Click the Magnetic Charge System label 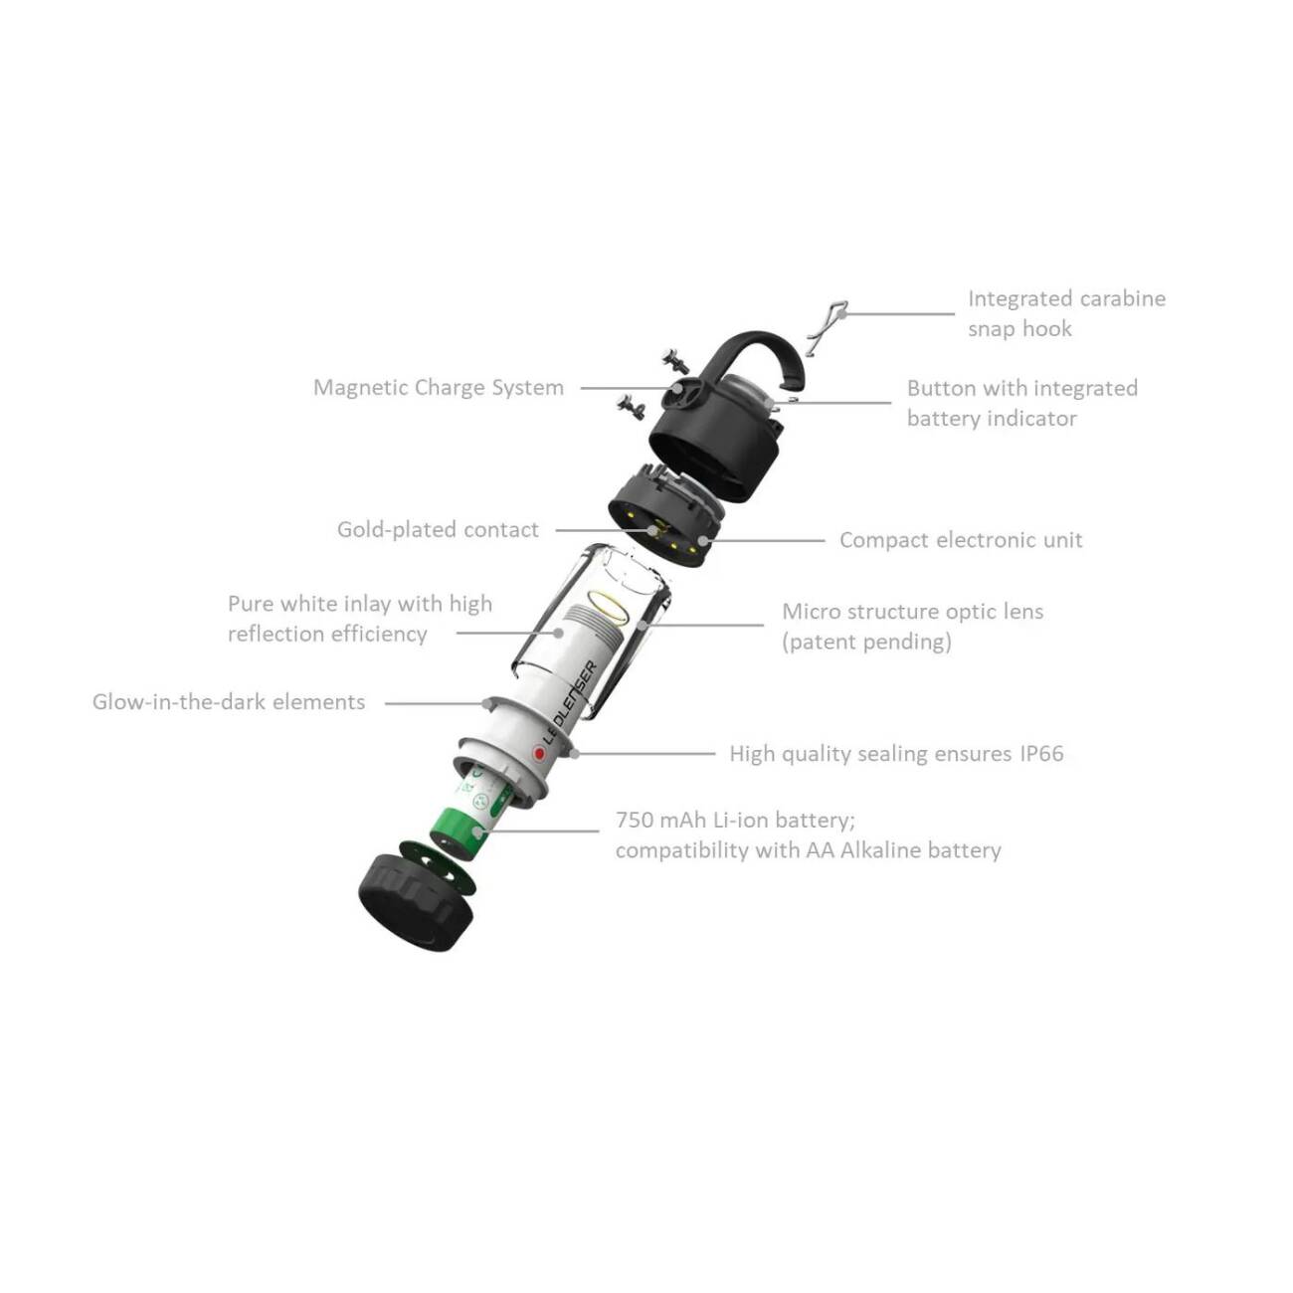439,388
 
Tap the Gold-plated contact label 438,530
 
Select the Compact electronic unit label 961,540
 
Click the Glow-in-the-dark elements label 229,702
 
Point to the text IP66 1041,754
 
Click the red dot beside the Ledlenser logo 538,753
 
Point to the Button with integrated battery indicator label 1021,403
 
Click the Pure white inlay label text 360,619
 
